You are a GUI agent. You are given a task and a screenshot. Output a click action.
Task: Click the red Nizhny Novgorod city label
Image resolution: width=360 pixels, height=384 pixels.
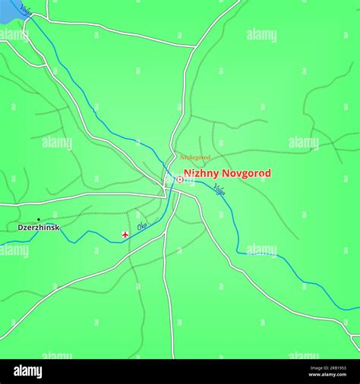[x=226, y=174]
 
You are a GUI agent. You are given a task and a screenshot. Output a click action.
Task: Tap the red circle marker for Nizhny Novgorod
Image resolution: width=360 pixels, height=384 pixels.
[x=179, y=180]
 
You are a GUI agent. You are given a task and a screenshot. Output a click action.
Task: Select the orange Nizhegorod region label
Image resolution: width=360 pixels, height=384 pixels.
[x=195, y=158]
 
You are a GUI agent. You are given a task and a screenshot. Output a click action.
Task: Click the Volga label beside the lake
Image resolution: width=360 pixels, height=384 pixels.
[x=27, y=9]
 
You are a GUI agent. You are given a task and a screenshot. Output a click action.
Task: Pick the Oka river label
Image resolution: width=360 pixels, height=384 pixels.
[x=142, y=226]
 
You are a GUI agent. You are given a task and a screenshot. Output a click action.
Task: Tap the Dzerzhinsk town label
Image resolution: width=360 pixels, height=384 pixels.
[x=39, y=228]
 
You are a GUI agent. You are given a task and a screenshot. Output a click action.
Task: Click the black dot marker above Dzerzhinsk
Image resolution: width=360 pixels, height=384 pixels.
[x=39, y=219]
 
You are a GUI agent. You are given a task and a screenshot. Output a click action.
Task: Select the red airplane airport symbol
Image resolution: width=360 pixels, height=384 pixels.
[x=125, y=235]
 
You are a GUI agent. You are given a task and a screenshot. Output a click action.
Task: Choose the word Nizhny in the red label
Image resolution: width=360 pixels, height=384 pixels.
[x=200, y=174]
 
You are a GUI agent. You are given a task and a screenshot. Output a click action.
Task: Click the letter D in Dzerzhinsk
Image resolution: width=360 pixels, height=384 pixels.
[x=21, y=228]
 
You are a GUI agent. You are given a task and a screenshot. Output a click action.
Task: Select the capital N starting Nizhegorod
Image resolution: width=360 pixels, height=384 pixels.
[x=182, y=158]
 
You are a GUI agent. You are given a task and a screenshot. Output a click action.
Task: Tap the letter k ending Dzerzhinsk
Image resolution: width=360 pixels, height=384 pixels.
[x=58, y=228]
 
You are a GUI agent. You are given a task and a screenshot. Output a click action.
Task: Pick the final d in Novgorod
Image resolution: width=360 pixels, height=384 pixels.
[x=267, y=174]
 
